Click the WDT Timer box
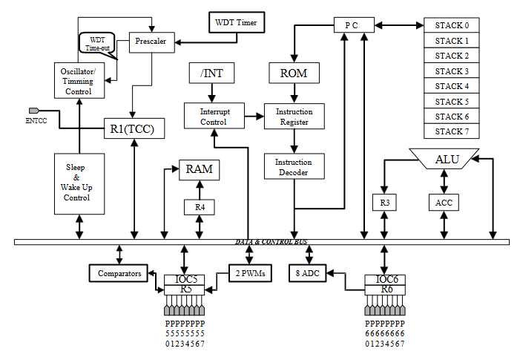pos(237,22)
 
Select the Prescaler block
pos(152,42)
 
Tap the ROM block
pos(294,73)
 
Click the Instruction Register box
pos(294,117)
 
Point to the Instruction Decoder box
pos(294,167)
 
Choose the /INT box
pos(212,73)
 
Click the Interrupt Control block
pos(213,117)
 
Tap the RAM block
pos(200,169)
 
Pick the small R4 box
pos(200,207)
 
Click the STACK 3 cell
pos(452,71)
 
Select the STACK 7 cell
pos(452,131)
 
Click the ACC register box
pos(443,202)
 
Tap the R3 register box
pos(384,202)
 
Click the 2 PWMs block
pos(249,274)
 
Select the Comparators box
pos(119,274)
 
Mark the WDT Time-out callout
pos(97,43)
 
